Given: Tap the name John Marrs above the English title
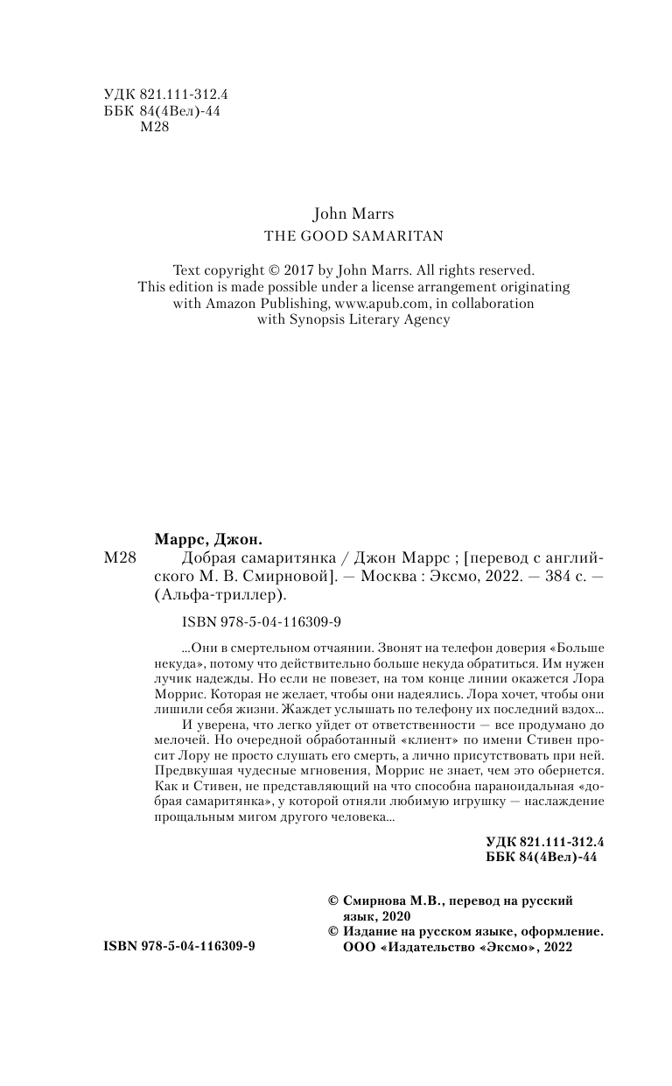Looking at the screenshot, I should click(354, 213).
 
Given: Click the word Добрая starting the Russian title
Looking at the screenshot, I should click(202, 557).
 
